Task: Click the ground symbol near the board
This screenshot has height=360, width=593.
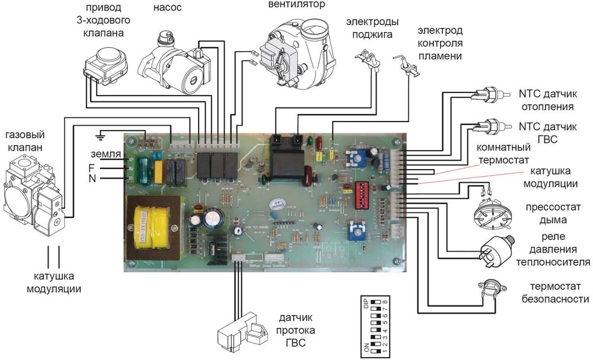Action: click(102, 136)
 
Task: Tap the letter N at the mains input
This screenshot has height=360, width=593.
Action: click(92, 178)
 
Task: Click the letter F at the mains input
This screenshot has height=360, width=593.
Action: click(92, 167)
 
